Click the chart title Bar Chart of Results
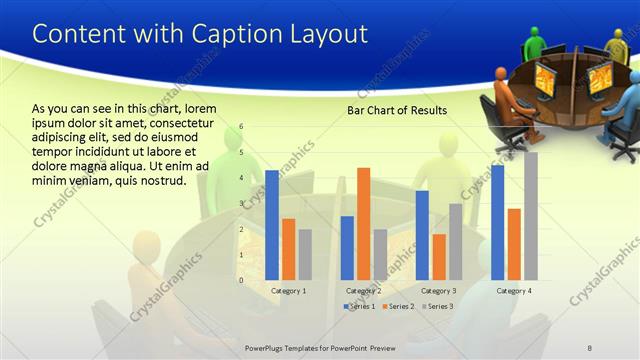[397, 110]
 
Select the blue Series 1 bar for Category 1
[271, 225]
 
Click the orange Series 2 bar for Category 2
[363, 224]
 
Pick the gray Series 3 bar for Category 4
[531, 216]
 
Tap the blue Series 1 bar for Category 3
[422, 235]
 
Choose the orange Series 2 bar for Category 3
[439, 257]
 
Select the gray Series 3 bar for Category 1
[305, 254]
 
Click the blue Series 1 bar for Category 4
[497, 222]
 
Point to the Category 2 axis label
[364, 290]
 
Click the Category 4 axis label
[514, 290]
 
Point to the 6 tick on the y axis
[241, 127]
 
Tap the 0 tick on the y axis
[241, 280]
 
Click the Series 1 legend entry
[359, 306]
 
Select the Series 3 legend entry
[436, 306]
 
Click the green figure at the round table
[536, 43]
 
